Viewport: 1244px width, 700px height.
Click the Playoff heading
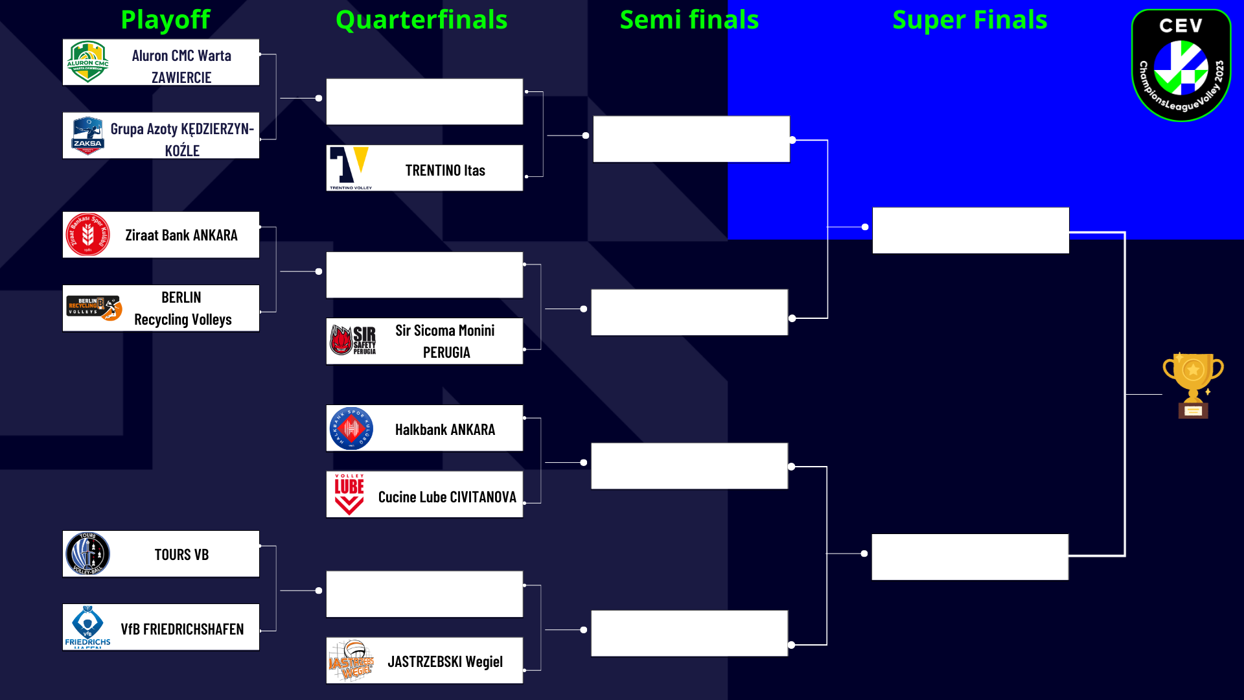coord(165,20)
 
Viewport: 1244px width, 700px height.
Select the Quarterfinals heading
coord(421,20)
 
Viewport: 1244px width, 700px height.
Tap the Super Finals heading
coord(969,20)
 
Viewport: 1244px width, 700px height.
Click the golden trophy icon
coord(1193,386)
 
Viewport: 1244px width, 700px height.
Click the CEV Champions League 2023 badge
coord(1181,65)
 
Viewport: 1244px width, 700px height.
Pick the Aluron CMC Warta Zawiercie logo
coord(87,62)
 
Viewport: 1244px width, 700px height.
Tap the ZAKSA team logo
coord(87,135)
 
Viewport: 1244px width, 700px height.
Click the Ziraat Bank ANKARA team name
coord(181,235)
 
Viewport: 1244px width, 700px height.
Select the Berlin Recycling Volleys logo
coord(94,307)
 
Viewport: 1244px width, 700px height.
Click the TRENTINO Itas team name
coord(445,170)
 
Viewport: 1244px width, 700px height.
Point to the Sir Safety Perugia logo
coord(352,340)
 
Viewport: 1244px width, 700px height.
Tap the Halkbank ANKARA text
coord(445,430)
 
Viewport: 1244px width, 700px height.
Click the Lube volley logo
coord(349,495)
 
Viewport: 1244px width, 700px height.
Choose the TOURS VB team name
coord(181,555)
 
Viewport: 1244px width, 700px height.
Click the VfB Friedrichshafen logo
coord(87,626)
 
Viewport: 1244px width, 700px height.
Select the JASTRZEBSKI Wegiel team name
coord(445,662)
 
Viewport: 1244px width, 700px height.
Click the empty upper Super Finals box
coord(970,230)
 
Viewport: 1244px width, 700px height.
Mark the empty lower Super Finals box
coord(969,557)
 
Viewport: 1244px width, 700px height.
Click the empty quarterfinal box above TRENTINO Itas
coord(424,102)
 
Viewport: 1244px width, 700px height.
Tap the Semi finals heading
coord(689,20)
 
